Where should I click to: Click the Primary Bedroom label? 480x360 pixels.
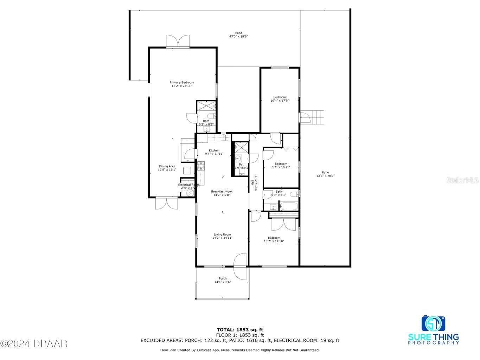point(182,83)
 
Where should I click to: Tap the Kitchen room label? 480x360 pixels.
point(214,150)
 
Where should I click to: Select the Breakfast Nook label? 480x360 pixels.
point(222,192)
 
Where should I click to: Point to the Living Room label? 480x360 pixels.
point(222,234)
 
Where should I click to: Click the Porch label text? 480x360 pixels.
point(223,278)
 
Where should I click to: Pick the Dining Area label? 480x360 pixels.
point(167,166)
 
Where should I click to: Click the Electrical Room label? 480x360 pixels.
point(189,185)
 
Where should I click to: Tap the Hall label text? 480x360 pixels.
point(252,182)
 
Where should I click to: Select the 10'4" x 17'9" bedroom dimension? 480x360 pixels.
point(280,101)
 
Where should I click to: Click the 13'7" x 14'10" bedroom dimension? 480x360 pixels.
point(274,241)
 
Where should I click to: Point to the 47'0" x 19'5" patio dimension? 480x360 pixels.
point(239,36)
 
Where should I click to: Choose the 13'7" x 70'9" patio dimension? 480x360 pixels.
point(325,176)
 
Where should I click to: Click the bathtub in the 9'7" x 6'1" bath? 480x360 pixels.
point(288,206)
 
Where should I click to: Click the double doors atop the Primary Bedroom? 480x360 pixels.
point(178,41)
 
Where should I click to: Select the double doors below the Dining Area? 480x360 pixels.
point(167,204)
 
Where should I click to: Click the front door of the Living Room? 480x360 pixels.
point(241,265)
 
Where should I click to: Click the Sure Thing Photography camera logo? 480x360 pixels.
point(433,323)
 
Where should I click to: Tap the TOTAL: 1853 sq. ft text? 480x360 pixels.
point(240,330)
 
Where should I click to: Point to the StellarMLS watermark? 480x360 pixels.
point(462,180)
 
